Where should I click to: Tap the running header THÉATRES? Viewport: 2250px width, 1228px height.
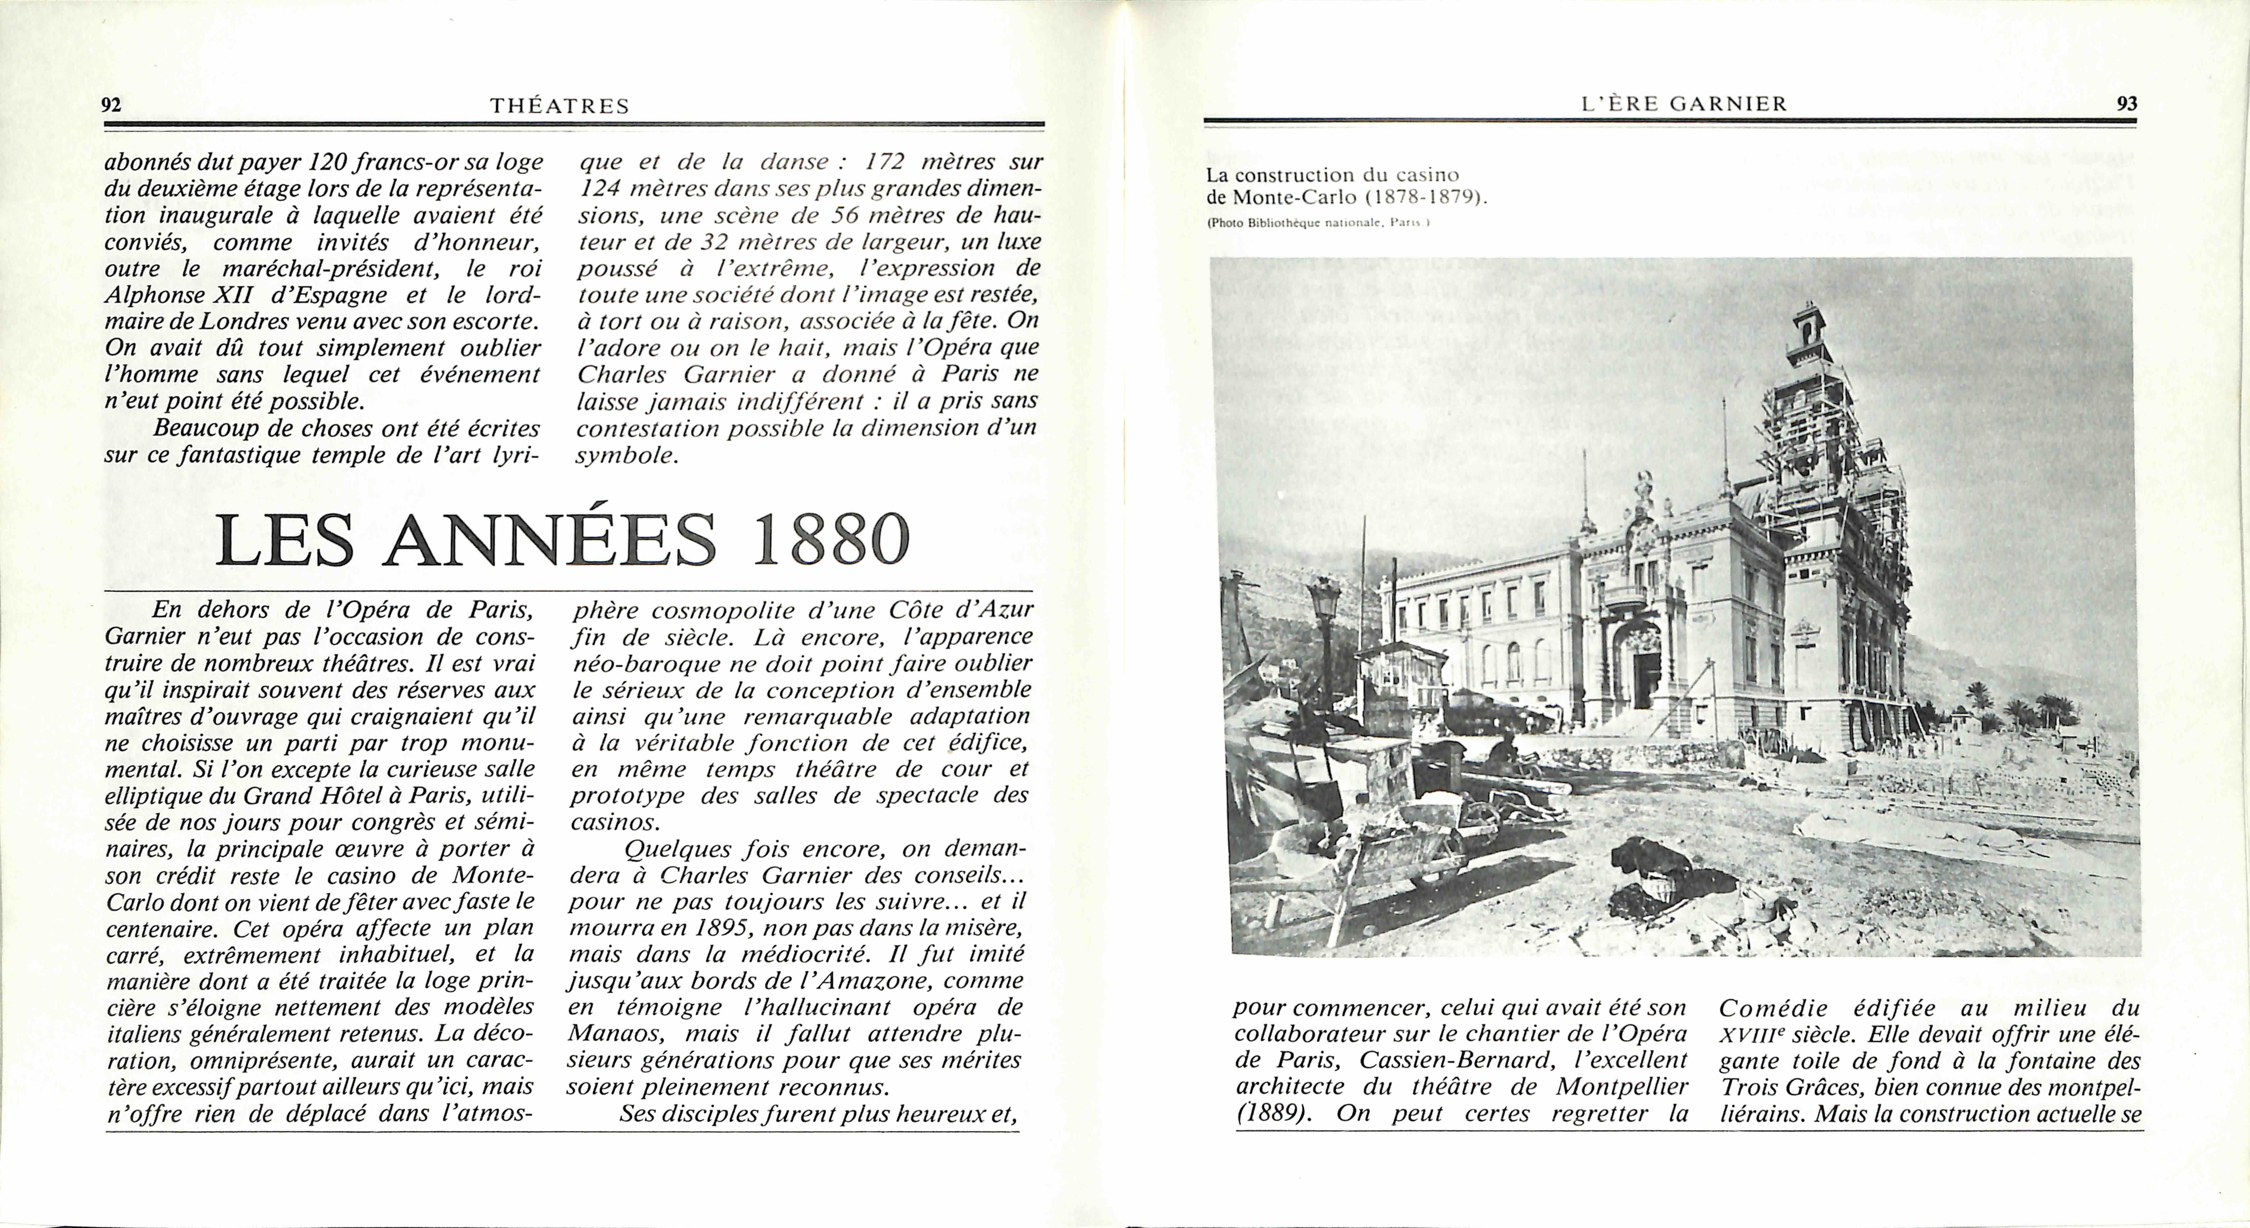(x=560, y=106)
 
